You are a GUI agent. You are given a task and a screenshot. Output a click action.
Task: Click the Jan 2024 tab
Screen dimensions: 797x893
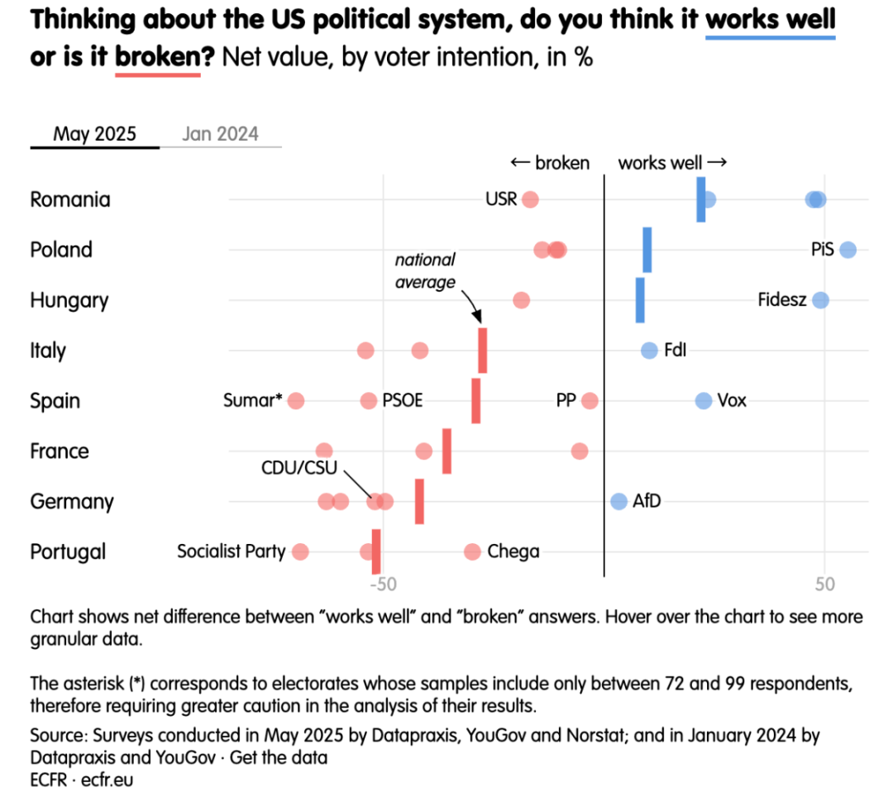coord(220,134)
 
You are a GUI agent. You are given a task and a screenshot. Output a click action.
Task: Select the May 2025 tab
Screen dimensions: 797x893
coord(94,134)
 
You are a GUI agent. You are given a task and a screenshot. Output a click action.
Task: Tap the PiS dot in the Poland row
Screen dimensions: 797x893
coord(848,250)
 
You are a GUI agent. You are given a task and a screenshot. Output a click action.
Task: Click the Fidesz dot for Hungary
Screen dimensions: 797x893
coord(820,300)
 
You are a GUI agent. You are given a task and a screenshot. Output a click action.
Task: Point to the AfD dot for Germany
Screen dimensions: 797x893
coord(618,501)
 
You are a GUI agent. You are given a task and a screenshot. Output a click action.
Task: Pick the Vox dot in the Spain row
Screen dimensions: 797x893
coord(704,401)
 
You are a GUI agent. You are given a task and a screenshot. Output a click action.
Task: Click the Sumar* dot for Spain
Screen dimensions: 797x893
coord(296,401)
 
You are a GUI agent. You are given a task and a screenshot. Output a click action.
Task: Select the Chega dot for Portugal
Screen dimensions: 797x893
coord(472,551)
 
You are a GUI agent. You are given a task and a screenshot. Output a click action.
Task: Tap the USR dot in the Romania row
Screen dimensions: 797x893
coord(530,199)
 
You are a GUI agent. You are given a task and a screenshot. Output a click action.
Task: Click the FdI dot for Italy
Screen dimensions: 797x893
coord(649,351)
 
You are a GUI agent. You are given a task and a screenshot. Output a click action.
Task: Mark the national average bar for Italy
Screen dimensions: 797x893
coord(483,351)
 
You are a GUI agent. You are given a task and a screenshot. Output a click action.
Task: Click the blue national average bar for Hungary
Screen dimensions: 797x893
coord(640,300)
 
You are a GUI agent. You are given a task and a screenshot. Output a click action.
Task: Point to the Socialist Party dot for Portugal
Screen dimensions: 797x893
coord(300,551)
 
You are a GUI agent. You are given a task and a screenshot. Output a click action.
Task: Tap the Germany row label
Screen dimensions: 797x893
coord(72,502)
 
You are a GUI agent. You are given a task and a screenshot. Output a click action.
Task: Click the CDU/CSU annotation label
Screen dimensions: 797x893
coord(300,468)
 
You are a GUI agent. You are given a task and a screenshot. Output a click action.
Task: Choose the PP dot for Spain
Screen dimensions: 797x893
coord(590,401)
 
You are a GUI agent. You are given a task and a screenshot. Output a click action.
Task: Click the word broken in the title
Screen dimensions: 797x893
coord(158,58)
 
